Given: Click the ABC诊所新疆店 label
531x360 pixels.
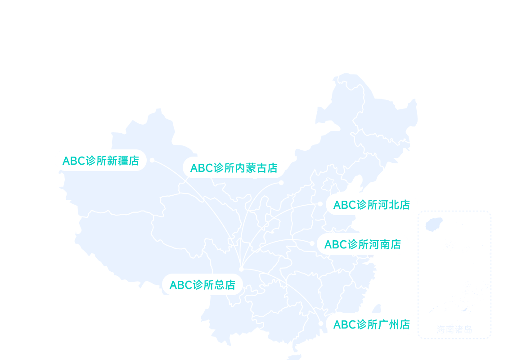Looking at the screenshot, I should [101, 160].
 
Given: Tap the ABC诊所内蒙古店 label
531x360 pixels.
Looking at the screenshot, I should [234, 168].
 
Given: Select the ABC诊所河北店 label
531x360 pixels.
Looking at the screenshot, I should [371, 205].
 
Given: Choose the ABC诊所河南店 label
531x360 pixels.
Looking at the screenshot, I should [362, 244].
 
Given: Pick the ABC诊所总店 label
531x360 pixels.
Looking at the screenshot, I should [202, 285].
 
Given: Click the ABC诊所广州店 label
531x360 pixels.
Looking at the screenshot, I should [371, 324].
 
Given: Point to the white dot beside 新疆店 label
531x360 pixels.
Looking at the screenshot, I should [152, 160].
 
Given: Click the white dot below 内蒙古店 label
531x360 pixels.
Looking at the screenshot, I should [281, 182].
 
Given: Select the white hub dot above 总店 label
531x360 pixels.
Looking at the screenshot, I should [241, 269].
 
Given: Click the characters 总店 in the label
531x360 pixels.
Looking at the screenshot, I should [225, 285].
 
